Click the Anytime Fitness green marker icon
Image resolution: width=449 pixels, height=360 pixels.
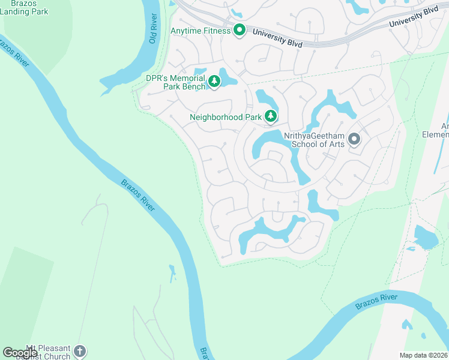click(240, 30)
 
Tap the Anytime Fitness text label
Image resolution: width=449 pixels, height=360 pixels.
click(200, 31)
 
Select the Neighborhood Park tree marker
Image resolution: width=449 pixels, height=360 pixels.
click(271, 116)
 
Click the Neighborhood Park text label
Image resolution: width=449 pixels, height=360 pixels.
click(224, 118)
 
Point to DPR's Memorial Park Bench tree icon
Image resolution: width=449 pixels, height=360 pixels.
click(214, 81)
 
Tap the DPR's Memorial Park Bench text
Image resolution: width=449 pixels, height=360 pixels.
click(175, 82)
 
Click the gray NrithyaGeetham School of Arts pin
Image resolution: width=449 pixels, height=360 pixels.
click(354, 140)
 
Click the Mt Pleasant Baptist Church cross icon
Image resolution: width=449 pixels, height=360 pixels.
click(80, 351)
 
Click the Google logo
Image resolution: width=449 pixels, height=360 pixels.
click(20, 352)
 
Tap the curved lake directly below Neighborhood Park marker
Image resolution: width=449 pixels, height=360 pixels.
click(273, 142)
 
